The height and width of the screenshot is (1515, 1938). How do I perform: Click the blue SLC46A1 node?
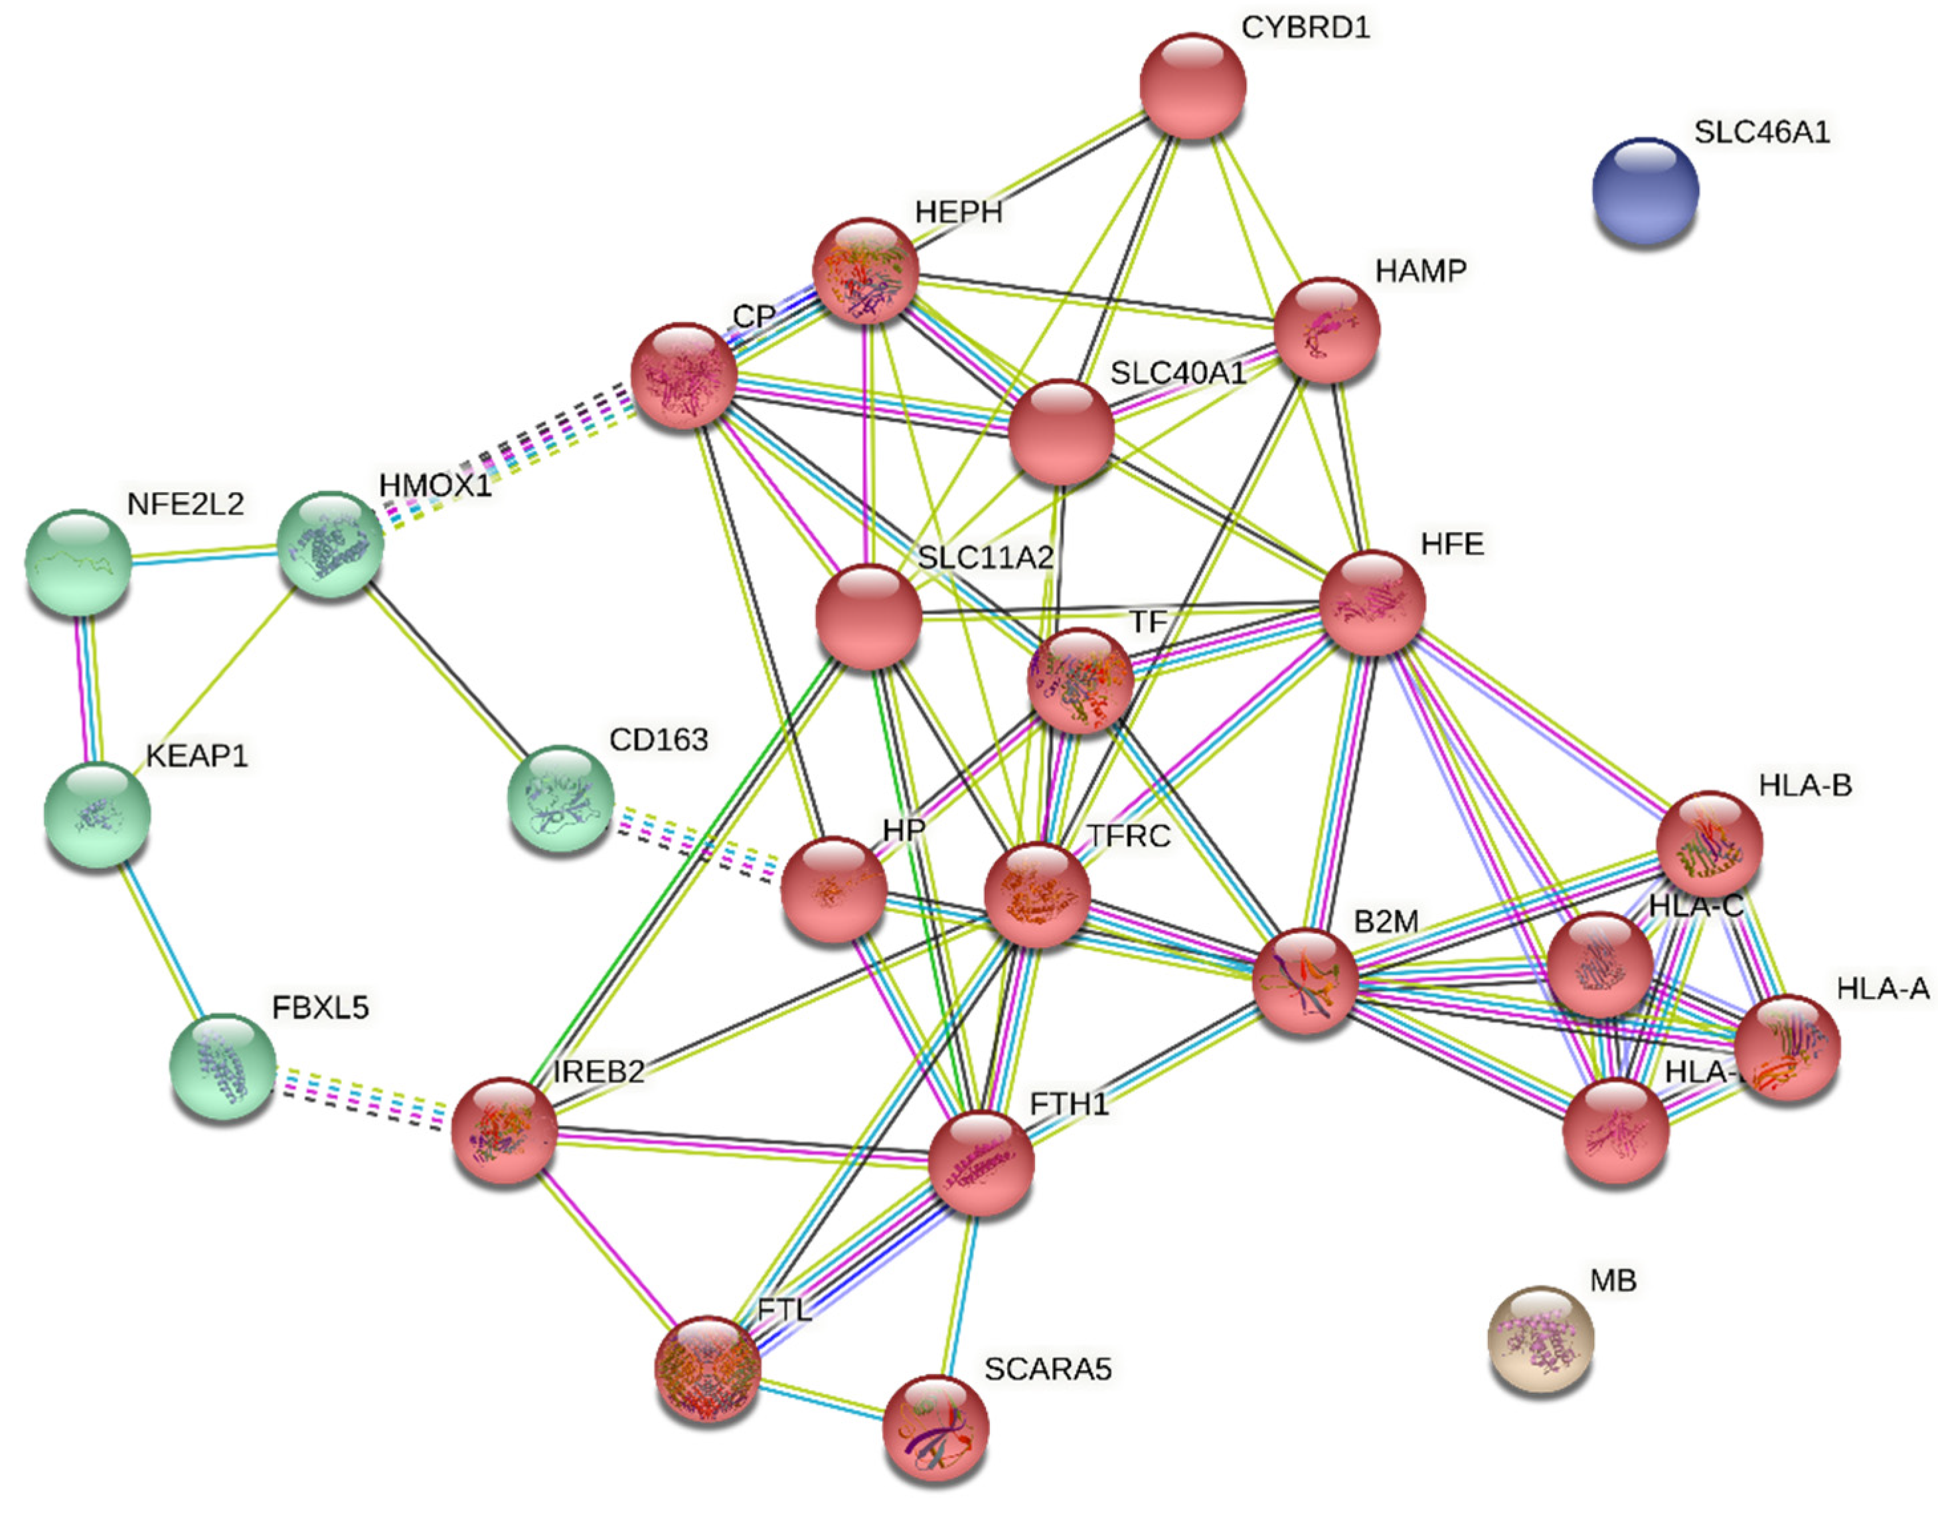(1645, 191)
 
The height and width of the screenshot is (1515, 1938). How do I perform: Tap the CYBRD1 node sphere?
(1192, 86)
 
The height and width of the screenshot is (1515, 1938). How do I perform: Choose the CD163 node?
(560, 800)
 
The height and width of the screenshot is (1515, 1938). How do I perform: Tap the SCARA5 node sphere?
(935, 1428)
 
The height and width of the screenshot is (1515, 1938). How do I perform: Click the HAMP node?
(1327, 330)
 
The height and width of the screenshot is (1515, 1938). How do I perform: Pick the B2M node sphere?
(1305, 982)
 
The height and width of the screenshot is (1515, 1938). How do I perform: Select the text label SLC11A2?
(985, 557)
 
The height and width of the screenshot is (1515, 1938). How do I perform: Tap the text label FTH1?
(1070, 1104)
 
